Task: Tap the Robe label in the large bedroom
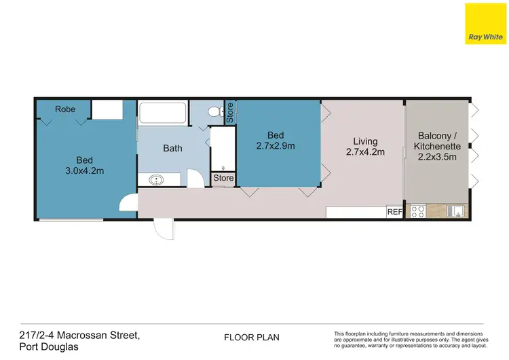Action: pyautogui.click(x=65, y=109)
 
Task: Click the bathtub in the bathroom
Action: pyautogui.click(x=163, y=113)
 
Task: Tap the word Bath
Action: pyautogui.click(x=172, y=147)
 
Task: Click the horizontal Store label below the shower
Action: pyautogui.click(x=223, y=179)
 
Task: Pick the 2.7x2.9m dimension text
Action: pyautogui.click(x=275, y=145)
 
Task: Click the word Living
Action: pyautogui.click(x=362, y=141)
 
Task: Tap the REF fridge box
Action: pyautogui.click(x=394, y=212)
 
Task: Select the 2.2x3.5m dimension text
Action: pyautogui.click(x=438, y=157)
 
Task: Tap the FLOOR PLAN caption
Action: pyautogui.click(x=252, y=337)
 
